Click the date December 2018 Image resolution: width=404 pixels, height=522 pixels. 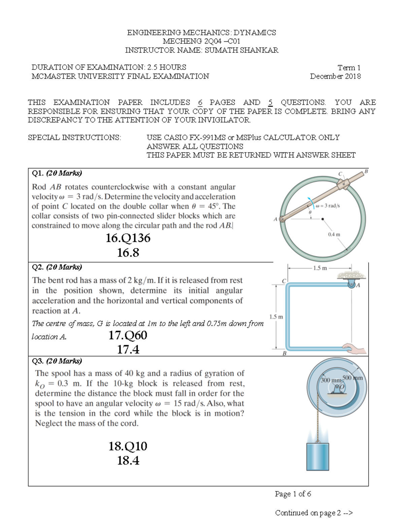(x=335, y=76)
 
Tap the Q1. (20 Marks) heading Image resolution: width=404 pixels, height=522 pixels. (x=57, y=173)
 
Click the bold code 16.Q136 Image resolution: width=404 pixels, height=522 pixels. (x=128, y=238)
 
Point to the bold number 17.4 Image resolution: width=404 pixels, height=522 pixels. (x=128, y=350)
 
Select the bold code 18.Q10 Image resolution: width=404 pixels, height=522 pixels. (x=128, y=446)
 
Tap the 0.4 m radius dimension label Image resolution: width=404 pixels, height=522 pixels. (x=334, y=234)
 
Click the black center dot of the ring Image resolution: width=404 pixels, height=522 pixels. (x=323, y=219)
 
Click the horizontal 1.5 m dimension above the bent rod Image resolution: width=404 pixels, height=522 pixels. (x=319, y=268)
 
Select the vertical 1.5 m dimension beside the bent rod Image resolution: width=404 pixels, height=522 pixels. (x=276, y=317)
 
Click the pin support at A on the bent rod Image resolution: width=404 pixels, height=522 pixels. (x=351, y=284)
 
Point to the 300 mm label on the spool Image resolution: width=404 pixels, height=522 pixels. (x=331, y=380)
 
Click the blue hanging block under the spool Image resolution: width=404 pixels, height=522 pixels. (x=317, y=456)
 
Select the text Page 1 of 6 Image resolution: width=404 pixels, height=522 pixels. (x=293, y=494)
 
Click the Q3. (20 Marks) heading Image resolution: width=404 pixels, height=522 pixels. (x=57, y=361)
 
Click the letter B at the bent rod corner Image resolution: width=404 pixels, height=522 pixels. (x=284, y=354)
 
